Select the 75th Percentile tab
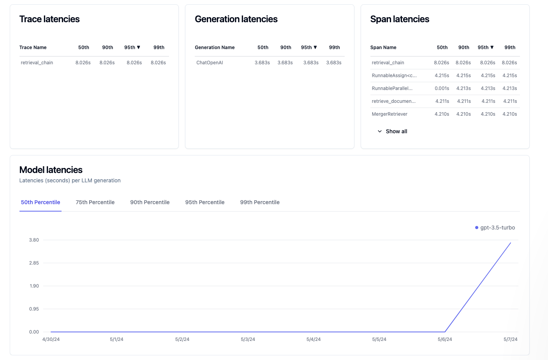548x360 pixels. [x=95, y=202]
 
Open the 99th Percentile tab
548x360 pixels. [x=260, y=202]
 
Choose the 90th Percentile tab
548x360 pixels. [x=150, y=202]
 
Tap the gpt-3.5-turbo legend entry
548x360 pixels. [x=495, y=228]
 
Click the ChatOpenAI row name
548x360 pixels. [x=210, y=63]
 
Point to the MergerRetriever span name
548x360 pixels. [x=389, y=114]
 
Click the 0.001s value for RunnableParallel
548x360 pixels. [x=442, y=88]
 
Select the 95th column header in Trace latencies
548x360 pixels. [x=132, y=48]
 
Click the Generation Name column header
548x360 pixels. [x=215, y=48]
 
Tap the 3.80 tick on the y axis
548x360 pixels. [x=34, y=240]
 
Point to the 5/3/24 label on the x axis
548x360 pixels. [x=248, y=339]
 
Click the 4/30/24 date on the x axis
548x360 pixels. [x=51, y=339]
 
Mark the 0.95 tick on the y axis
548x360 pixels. [x=34, y=309]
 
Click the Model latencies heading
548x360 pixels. [x=51, y=170]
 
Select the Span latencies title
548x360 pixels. [x=400, y=19]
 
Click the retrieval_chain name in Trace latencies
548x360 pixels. [x=37, y=63]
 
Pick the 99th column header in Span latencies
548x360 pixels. [x=510, y=48]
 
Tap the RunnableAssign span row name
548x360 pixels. [x=394, y=76]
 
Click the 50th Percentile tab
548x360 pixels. [x=41, y=202]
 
